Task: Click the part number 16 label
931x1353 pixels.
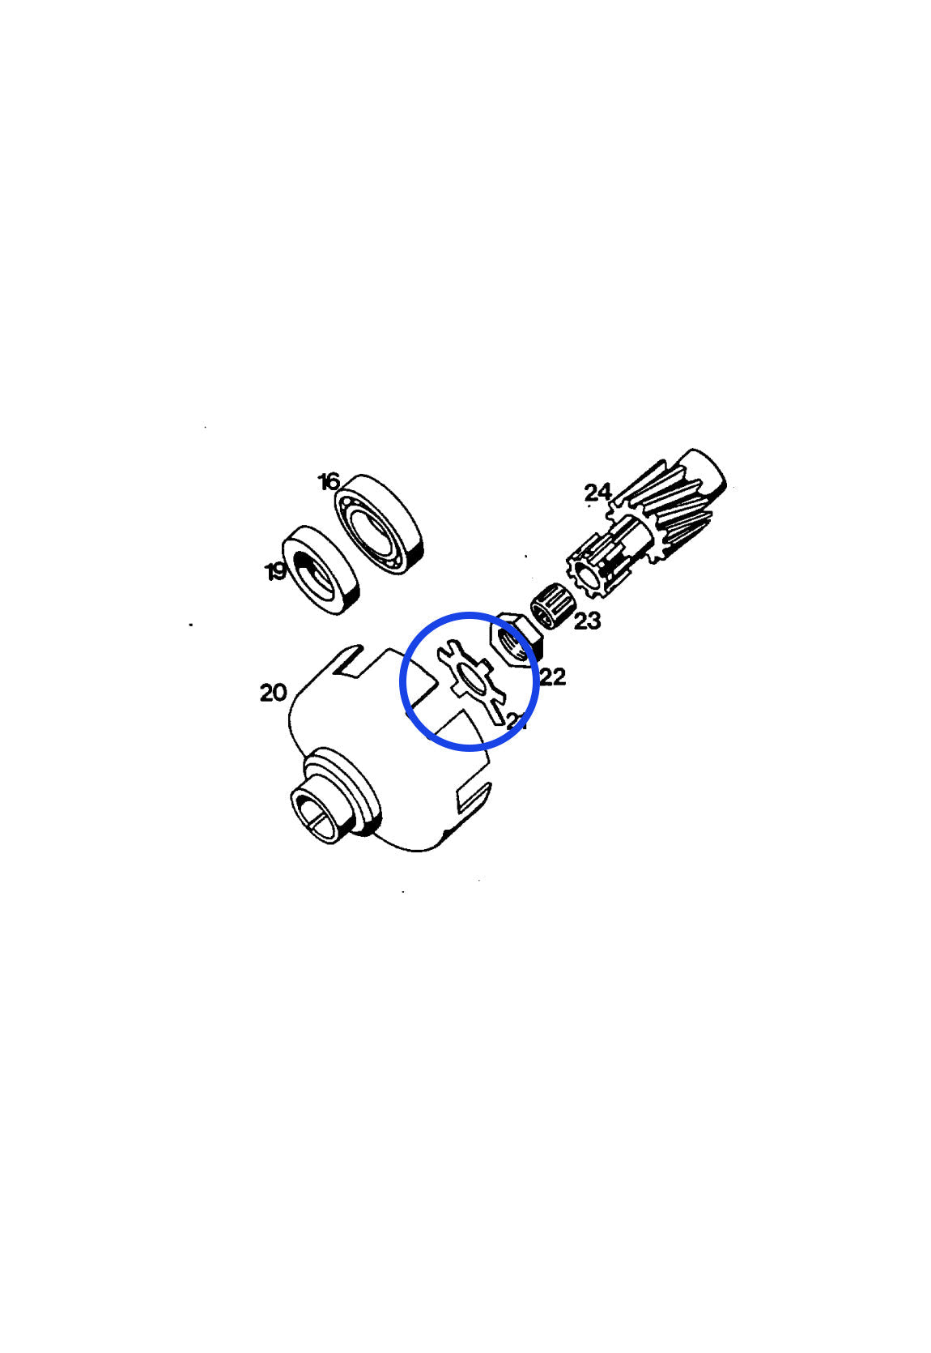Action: [x=329, y=482]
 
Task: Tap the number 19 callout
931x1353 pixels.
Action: [x=276, y=572]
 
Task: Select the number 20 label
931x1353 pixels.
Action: [x=274, y=693]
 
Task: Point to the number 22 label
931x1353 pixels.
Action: [x=552, y=676]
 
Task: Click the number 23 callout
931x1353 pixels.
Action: [x=587, y=621]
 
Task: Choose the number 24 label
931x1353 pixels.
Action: [x=597, y=492]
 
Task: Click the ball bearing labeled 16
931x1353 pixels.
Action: [x=380, y=524]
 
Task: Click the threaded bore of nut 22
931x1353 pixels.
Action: [x=512, y=643]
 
